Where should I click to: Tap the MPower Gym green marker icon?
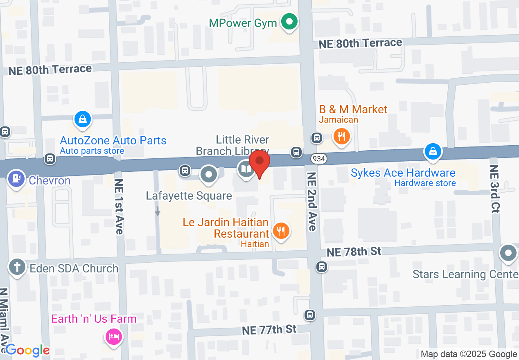coord(290,21)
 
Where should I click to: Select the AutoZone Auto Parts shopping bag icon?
coord(83,119)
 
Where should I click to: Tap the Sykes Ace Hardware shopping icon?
coord(433,151)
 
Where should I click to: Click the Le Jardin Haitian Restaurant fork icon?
coord(281,232)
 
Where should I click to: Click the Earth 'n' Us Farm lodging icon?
coord(113,337)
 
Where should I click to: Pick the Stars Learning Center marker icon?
coord(508,253)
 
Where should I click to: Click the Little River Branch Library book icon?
coord(246,169)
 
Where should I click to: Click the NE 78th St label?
coord(354,252)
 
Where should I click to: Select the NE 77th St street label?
coord(269,329)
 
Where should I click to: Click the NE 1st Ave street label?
coord(119,206)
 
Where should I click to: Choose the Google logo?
coord(27,350)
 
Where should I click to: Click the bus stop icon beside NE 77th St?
coord(310,315)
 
